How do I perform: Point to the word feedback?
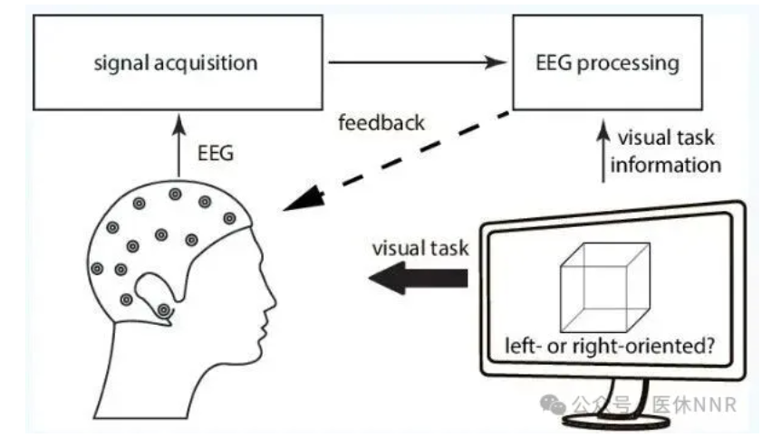[381, 121]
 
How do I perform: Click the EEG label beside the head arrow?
[217, 154]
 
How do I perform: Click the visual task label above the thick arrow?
[419, 247]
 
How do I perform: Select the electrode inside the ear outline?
[163, 309]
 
